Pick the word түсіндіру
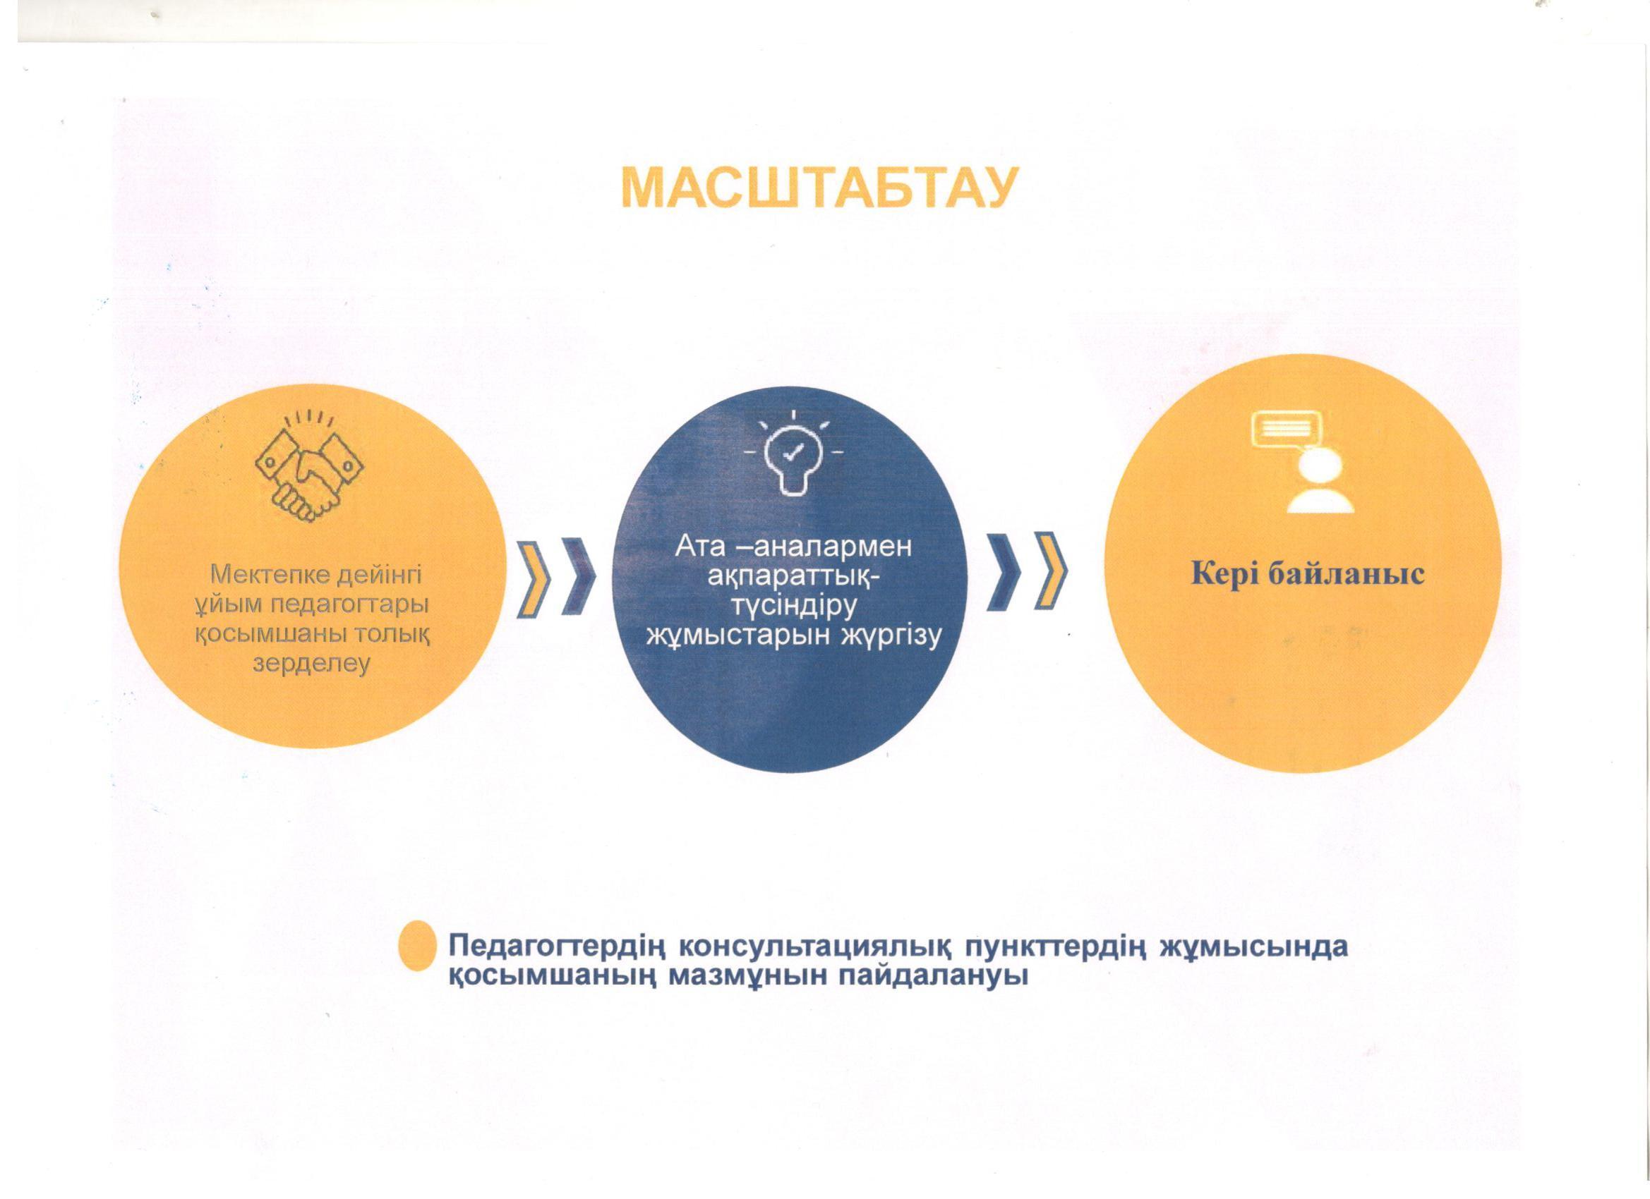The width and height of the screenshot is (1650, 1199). [793, 607]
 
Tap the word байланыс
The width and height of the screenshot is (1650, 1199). [1342, 574]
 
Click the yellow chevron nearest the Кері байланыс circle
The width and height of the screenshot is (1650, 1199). [1051, 571]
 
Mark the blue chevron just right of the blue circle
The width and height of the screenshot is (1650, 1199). [1004, 571]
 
